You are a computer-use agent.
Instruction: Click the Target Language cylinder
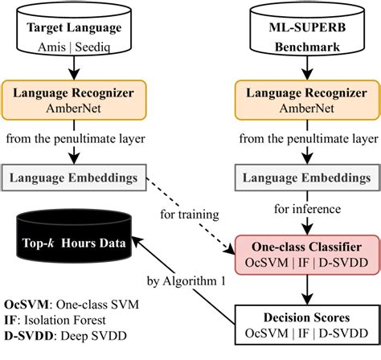point(76,31)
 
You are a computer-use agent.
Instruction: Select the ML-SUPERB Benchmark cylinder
point(305,31)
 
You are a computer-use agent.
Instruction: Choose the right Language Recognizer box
point(305,99)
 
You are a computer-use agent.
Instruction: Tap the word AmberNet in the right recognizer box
point(305,108)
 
